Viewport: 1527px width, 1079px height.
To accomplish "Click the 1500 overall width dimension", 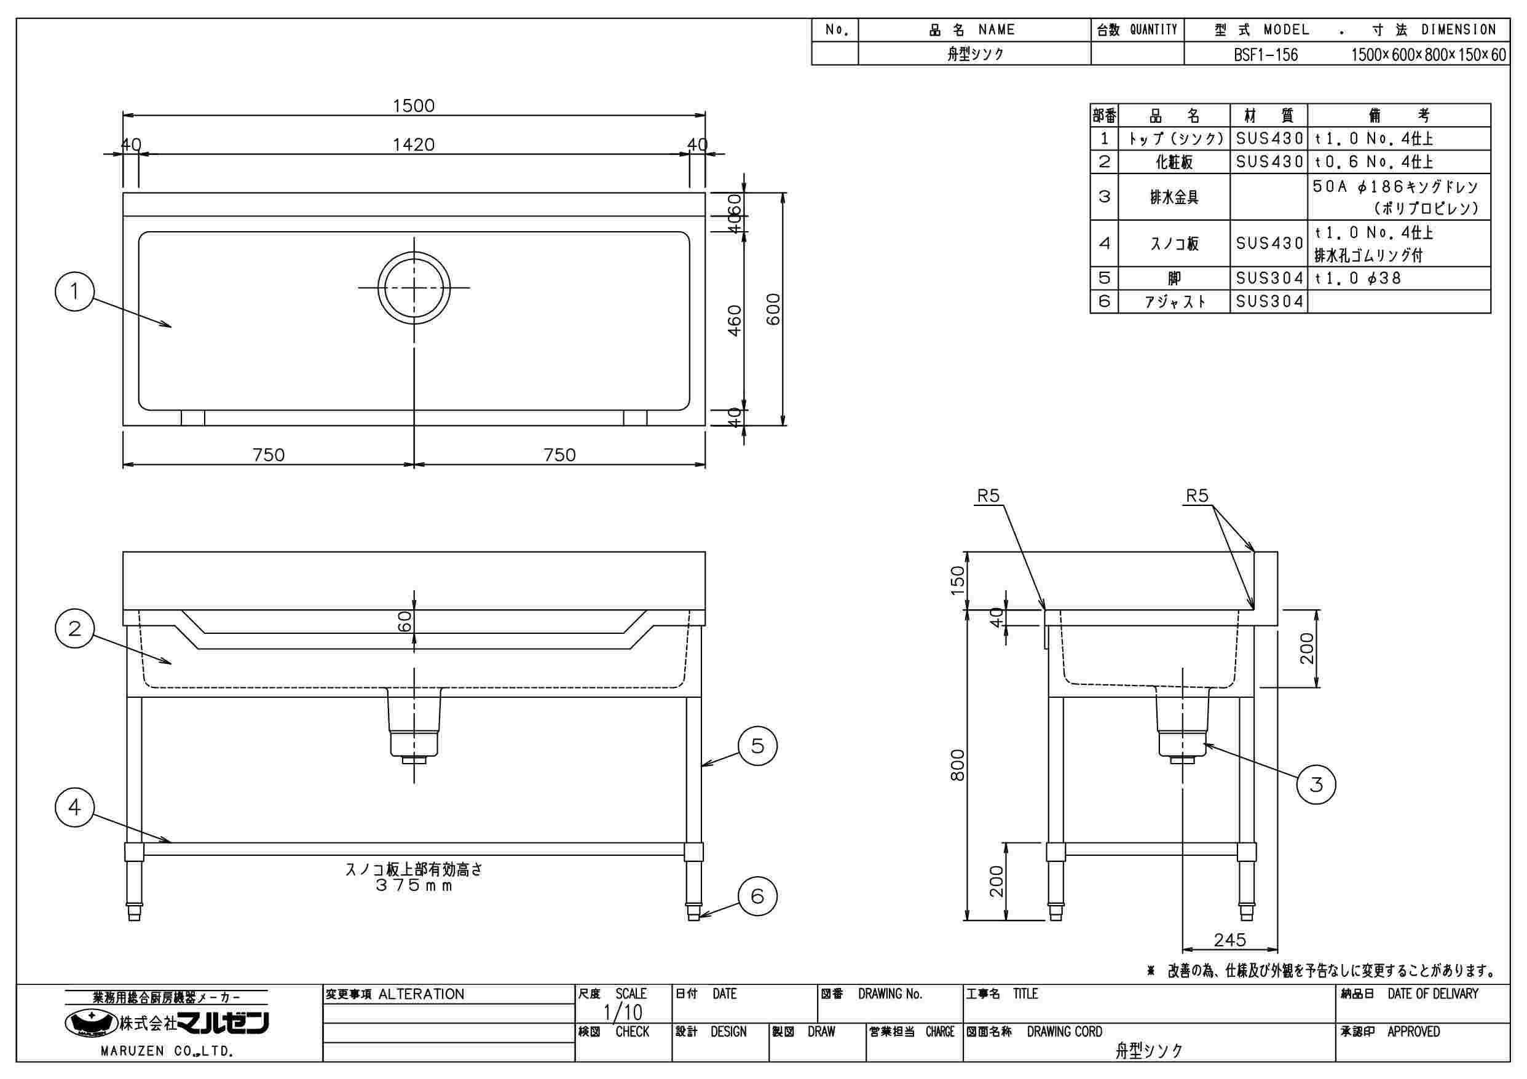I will point(413,106).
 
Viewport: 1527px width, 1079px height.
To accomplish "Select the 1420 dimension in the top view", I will point(413,144).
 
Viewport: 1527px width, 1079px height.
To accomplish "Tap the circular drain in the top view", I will point(414,287).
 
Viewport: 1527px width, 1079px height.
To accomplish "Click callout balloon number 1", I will point(74,291).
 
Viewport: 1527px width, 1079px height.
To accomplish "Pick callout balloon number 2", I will point(74,628).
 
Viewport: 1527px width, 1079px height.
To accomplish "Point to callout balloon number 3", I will point(1316,785).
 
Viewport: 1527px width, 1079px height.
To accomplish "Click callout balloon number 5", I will point(757,746).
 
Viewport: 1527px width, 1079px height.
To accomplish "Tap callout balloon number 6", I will point(757,897).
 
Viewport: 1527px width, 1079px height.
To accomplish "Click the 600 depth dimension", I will point(773,309).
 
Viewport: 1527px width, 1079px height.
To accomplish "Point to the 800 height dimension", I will point(957,765).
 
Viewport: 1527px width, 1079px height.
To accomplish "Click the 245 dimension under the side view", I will point(1229,940).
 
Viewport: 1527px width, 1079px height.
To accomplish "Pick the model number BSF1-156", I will point(1266,55).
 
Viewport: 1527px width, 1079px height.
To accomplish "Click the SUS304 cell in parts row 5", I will point(1269,278).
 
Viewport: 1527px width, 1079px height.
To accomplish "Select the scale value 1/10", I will point(623,1013).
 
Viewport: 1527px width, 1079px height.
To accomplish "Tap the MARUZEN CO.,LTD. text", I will point(166,1052).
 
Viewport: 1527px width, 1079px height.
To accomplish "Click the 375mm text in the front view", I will point(413,886).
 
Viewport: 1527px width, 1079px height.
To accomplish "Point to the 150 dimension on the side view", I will point(957,580).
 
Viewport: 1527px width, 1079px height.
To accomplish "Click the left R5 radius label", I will point(988,496).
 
